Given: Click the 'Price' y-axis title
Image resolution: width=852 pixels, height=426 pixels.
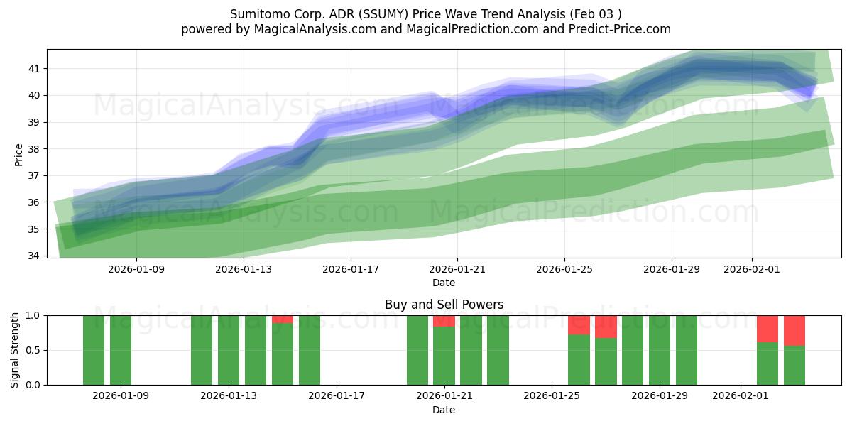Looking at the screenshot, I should click(18, 154).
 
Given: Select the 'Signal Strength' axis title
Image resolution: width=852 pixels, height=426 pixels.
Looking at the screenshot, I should click(15, 350).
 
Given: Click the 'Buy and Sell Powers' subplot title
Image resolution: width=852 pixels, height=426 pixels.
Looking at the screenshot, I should click(444, 305).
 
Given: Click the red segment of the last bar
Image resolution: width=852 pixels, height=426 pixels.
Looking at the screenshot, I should click(794, 330).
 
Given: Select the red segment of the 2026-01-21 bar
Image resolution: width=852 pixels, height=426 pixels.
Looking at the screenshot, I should click(444, 321).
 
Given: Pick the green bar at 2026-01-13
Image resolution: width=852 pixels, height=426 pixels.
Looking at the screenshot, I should click(229, 350).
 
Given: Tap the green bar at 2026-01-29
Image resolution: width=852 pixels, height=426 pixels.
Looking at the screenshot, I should click(660, 350).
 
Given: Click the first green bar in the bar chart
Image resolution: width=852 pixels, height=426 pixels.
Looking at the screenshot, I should click(94, 350).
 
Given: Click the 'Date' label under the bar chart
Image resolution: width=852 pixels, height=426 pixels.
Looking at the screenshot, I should click(444, 410).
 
